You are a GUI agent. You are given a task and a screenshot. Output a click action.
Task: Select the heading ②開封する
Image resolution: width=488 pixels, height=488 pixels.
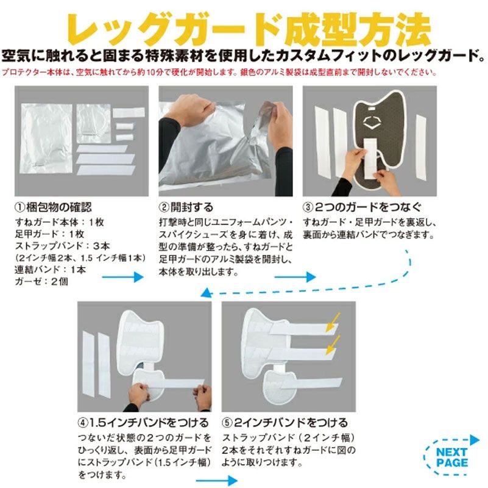(186, 206)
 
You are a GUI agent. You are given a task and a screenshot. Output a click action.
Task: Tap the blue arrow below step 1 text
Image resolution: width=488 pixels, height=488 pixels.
(122, 276)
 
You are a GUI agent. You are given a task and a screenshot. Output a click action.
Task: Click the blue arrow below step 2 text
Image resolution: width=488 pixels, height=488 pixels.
(295, 276)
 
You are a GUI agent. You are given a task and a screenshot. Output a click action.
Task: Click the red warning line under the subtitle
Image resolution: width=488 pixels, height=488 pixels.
(219, 71)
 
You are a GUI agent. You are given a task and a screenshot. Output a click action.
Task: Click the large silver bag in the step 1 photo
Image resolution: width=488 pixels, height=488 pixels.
(46, 144)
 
